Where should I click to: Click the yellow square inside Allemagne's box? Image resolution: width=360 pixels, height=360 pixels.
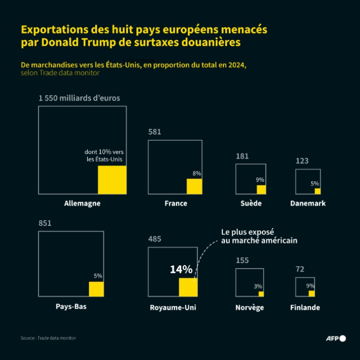[112, 180]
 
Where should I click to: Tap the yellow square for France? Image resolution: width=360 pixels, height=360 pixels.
[194, 187]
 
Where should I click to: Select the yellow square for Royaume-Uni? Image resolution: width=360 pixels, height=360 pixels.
[188, 287]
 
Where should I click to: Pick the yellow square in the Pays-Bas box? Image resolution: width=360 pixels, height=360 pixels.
[96, 289]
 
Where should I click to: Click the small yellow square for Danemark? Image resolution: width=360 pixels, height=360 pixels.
[317, 191]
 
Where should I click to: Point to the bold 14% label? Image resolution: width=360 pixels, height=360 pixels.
[181, 270]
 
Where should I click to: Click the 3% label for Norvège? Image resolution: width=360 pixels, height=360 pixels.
[258, 286]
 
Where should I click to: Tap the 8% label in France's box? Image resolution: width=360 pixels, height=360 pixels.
[197, 173]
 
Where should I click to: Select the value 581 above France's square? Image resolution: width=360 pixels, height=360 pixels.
[155, 132]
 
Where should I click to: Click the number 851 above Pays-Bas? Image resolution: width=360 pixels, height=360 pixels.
[45, 223]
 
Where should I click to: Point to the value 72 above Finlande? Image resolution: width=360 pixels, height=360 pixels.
[300, 269]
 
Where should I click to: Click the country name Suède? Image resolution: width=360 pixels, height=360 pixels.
[251, 203]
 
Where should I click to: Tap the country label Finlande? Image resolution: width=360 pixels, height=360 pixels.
[305, 307]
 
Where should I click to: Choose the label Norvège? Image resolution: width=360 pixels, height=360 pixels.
[250, 307]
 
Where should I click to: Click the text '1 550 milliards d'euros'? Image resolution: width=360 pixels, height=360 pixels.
[79, 98]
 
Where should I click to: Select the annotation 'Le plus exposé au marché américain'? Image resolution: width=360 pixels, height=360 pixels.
[259, 236]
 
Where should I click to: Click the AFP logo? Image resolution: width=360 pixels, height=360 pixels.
[336, 338]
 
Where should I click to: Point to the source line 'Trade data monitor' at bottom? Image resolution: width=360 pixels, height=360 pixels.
[48, 338]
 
